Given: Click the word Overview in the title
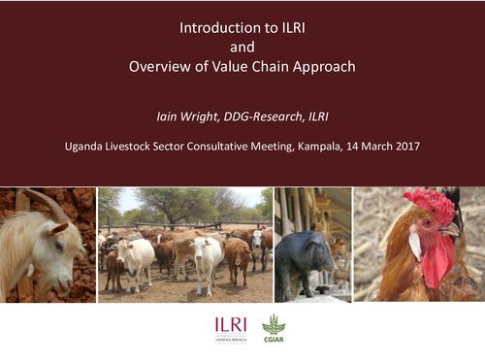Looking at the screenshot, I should pyautogui.click(x=157, y=67).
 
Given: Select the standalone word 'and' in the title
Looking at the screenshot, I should pyautogui.click(x=242, y=47).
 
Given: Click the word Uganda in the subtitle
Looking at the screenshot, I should pyautogui.click(x=81, y=148).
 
